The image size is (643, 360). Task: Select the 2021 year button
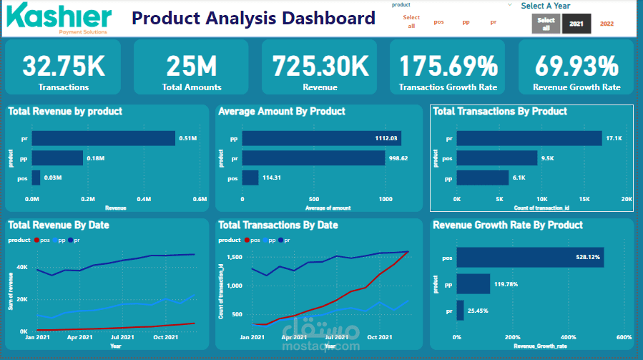[x=576, y=24]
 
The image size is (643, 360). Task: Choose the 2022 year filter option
[x=607, y=24]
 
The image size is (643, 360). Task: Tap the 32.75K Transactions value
[x=64, y=67]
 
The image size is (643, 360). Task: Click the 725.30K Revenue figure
[x=320, y=67]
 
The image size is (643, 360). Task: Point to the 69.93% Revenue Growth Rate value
[x=576, y=67]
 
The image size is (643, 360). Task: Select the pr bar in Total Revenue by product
[x=103, y=138]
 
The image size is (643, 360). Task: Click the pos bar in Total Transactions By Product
[x=497, y=157]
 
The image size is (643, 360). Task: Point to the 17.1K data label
[x=613, y=138]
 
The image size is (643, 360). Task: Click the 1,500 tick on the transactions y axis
[x=235, y=257]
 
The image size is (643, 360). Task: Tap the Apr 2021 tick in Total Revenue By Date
[x=80, y=337]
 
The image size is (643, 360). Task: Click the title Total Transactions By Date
[x=278, y=225]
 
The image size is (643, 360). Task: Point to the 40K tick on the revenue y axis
[x=21, y=267]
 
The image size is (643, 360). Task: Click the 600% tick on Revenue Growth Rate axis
[x=623, y=337]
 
